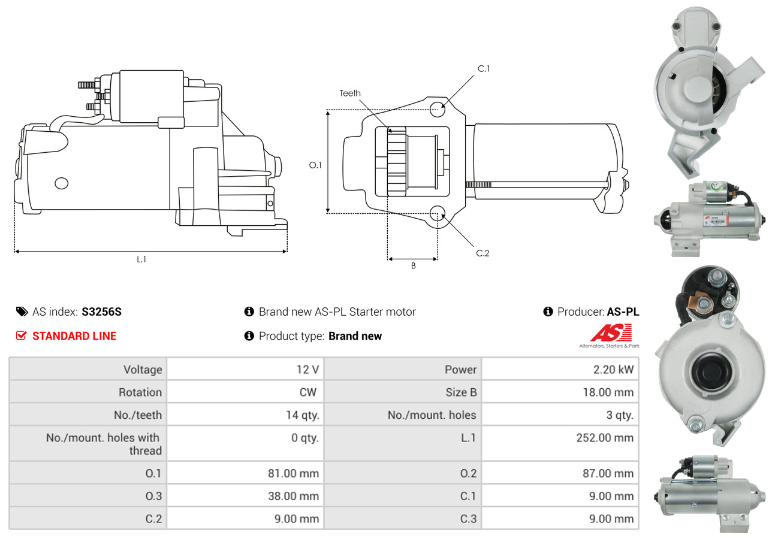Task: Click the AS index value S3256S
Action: [101, 312]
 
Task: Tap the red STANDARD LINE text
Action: [74, 336]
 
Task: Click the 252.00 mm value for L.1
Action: [605, 438]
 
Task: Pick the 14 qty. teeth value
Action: [303, 415]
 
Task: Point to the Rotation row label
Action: [140, 392]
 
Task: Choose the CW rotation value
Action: [307, 392]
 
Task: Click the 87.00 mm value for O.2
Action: [608, 473]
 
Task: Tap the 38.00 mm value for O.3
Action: [293, 496]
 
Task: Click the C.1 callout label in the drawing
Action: [484, 69]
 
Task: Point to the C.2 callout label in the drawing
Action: [482, 253]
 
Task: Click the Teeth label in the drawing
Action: [350, 93]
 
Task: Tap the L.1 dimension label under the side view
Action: [141, 259]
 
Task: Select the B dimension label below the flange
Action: [413, 266]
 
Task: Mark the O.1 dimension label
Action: [315, 165]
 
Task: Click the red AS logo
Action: [611, 333]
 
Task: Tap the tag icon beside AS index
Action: [22, 312]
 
